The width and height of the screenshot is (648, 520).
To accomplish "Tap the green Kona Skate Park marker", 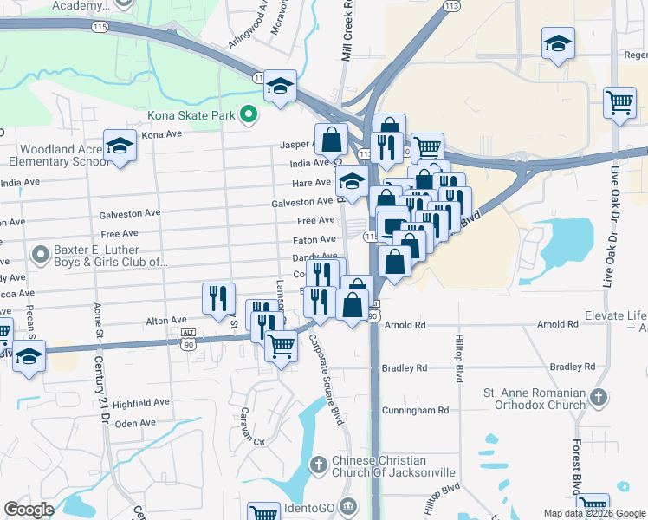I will [249, 114].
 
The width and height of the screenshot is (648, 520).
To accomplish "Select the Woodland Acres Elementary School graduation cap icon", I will [120, 146].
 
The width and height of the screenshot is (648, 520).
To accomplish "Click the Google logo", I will [29, 510].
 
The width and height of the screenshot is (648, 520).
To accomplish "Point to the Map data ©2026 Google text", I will [593, 513].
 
